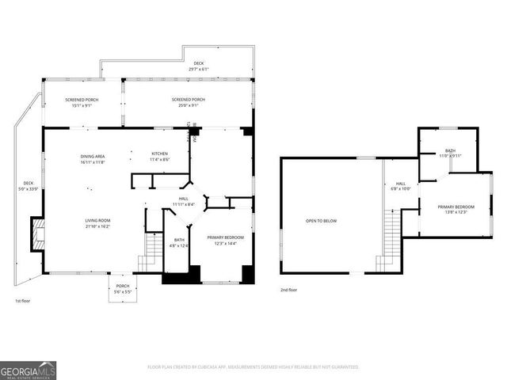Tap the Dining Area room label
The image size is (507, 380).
93,158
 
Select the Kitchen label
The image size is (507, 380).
160,156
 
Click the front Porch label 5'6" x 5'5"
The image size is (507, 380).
123,289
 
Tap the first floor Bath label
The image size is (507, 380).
179,242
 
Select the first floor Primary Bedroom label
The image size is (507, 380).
226,240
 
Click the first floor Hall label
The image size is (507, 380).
183,201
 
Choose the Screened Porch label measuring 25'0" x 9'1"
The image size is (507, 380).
189,102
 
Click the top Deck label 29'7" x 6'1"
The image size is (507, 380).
199,66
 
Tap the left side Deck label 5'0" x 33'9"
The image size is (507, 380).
29,186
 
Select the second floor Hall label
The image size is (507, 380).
401,185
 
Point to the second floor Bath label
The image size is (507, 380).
450,153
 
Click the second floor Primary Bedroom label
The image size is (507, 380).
454,209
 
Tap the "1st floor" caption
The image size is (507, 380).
23,302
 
